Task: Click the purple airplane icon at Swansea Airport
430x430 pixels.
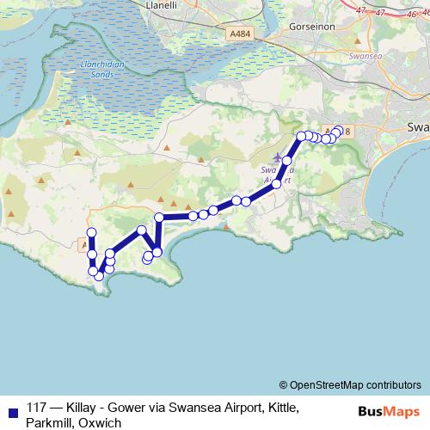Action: [x=277, y=157]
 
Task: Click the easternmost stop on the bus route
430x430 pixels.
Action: [x=338, y=131]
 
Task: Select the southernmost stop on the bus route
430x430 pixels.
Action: [x=100, y=276]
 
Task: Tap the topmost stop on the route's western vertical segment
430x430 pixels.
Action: [x=91, y=234]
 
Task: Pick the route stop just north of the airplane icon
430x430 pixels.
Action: [x=287, y=161]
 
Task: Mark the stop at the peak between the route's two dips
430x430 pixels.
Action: [x=142, y=230]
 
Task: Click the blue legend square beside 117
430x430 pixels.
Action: [x=11, y=409]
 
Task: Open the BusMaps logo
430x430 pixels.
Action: [x=389, y=411]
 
